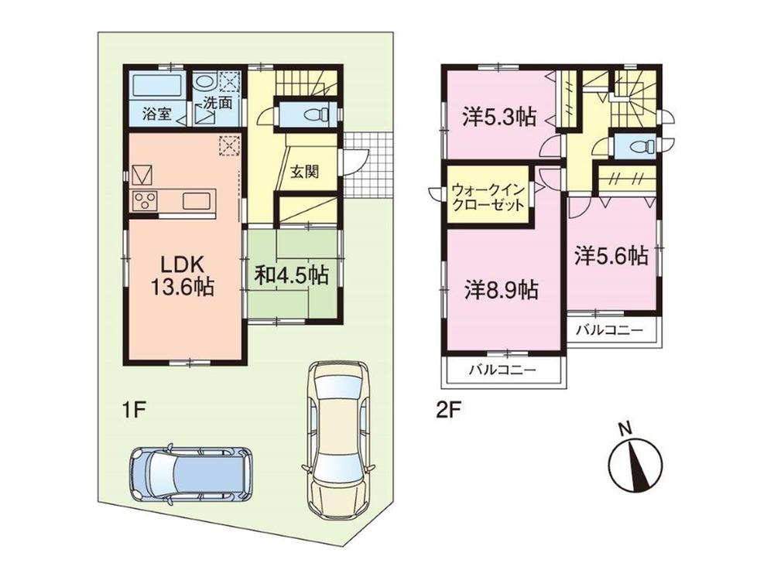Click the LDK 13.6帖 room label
(x=182, y=275)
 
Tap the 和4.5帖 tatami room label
(x=291, y=276)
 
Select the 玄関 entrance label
(x=304, y=172)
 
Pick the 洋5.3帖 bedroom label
(x=499, y=117)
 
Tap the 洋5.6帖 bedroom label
(x=611, y=256)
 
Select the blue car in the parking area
(x=189, y=474)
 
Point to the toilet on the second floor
(x=639, y=146)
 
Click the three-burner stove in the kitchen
(x=145, y=201)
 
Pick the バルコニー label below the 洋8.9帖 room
(x=502, y=370)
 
